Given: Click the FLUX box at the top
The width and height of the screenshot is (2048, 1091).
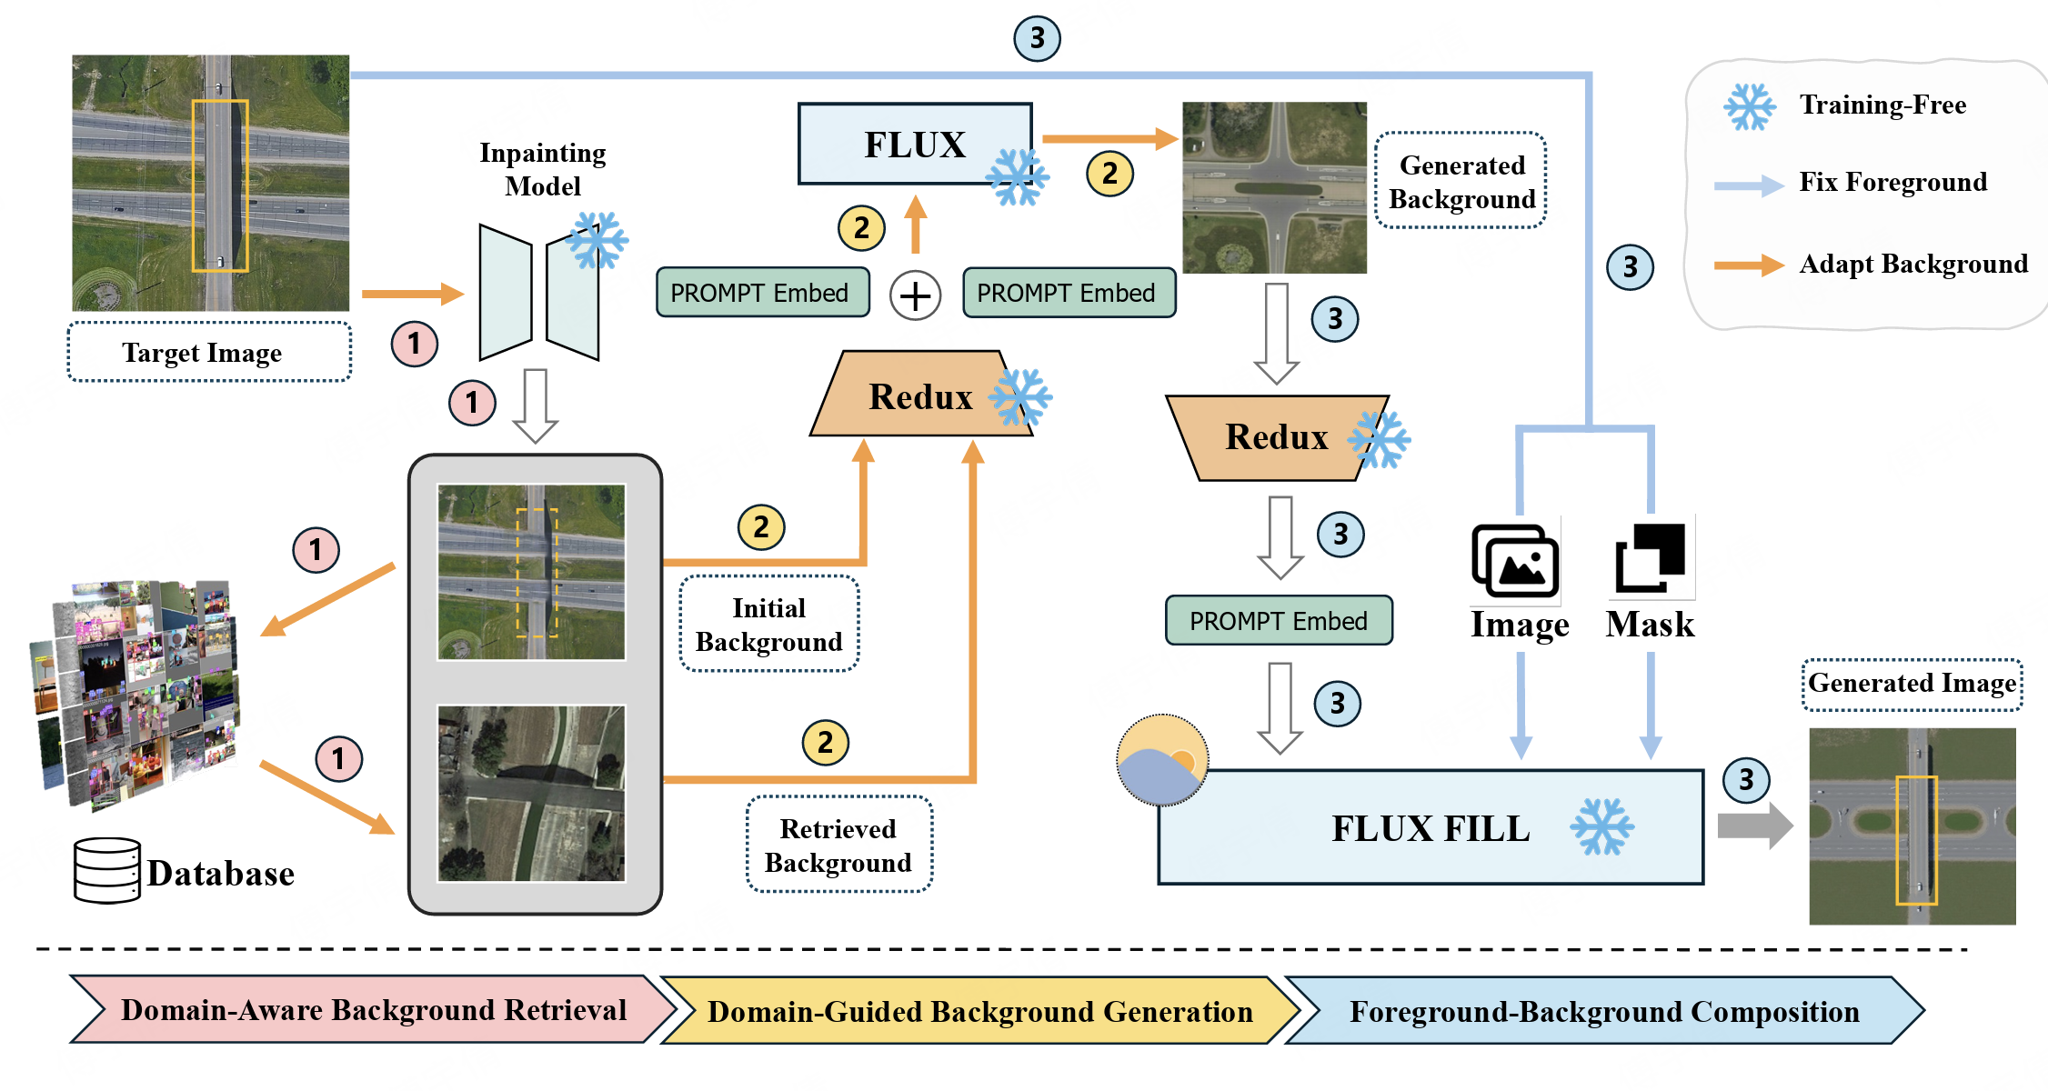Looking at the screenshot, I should [915, 145].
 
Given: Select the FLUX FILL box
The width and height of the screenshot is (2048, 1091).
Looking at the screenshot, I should [1430, 827].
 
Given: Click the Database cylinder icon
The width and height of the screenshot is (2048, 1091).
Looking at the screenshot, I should [106, 870].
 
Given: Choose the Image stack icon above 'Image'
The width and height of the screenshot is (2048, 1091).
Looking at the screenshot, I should [1515, 560].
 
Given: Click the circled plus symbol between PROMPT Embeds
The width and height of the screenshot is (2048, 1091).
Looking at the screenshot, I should [915, 295].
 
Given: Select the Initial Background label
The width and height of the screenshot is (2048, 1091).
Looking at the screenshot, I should [769, 625].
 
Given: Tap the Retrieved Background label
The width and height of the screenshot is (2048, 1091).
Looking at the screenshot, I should [838, 845].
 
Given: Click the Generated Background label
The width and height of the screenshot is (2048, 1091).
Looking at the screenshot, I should [1461, 181].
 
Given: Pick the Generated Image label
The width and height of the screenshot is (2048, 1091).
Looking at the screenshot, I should [1912, 684].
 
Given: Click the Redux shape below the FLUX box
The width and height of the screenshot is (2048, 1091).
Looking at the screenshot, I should [920, 395].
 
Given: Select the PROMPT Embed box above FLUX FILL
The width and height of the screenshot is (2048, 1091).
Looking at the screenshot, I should [1279, 621].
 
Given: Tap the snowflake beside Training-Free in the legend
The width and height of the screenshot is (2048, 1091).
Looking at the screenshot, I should [1749, 106].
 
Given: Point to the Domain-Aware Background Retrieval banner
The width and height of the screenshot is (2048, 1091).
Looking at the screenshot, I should [373, 1010].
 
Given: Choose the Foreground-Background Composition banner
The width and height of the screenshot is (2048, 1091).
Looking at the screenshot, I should [1604, 1011].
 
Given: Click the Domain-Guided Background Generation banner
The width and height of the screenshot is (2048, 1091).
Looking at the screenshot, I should [979, 1011].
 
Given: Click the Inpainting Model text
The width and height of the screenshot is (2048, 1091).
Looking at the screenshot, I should [543, 169].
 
